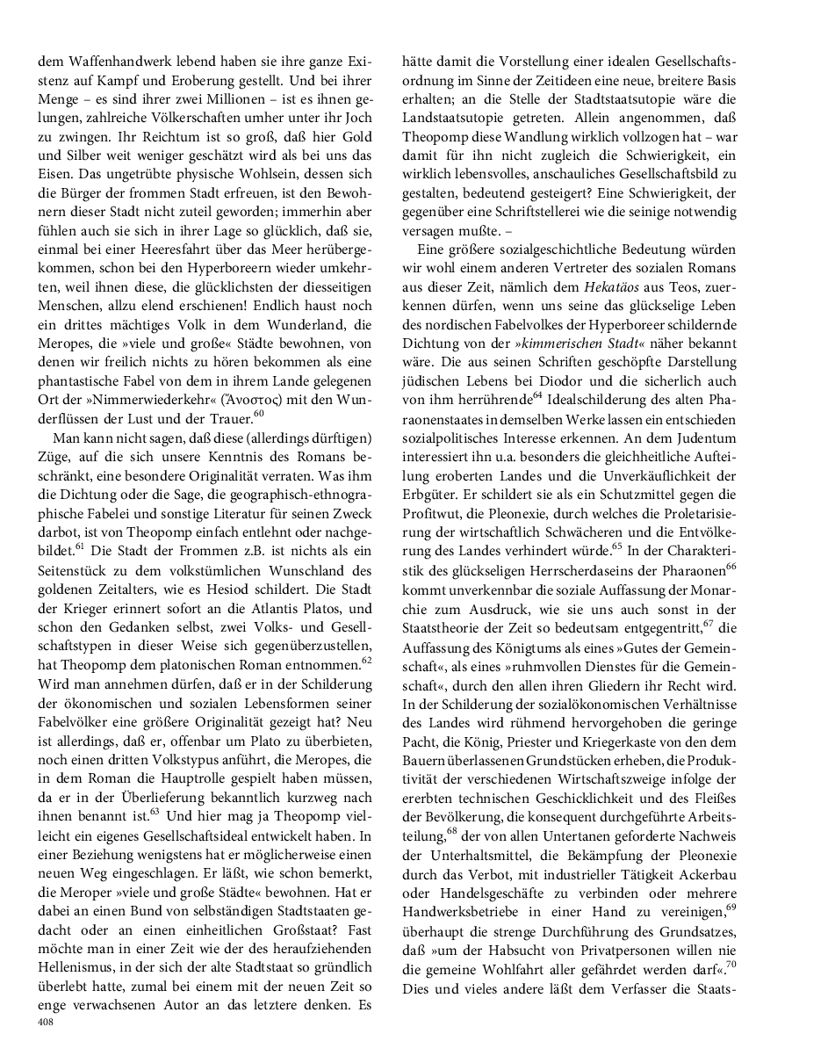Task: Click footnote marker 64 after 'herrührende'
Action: [x=537, y=396]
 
